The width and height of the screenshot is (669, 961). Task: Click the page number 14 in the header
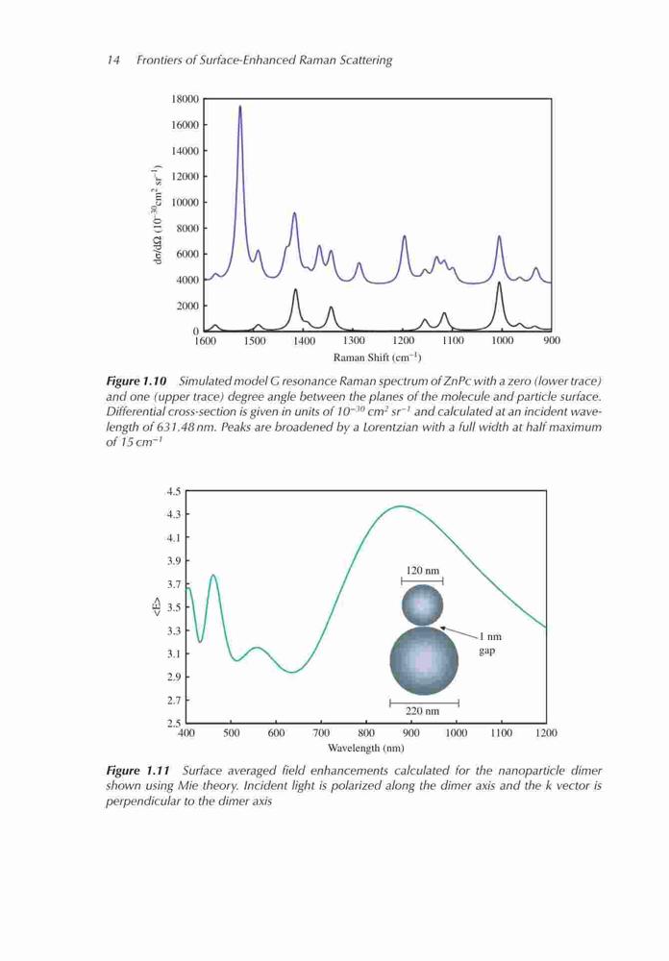click(112, 60)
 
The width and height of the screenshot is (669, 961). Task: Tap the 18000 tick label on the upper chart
click(186, 99)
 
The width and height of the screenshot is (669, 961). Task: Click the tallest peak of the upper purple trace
click(239, 107)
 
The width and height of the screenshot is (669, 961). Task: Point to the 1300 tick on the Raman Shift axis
click(353, 341)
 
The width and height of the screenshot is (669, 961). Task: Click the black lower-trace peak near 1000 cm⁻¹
click(499, 283)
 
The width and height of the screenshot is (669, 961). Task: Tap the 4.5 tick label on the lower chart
click(174, 491)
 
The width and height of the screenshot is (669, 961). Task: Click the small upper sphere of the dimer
click(422, 604)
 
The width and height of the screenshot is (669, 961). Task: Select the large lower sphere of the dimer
click(424, 660)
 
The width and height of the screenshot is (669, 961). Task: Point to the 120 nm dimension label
click(423, 570)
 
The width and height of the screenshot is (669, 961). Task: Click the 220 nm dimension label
click(423, 711)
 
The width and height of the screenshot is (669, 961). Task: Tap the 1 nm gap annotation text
click(488, 644)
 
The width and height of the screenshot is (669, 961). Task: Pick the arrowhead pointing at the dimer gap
click(444, 628)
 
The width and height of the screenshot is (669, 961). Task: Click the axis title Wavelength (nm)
click(365, 748)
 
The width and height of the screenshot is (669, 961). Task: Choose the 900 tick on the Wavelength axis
click(410, 732)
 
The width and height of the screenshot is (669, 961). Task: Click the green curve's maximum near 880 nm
click(401, 506)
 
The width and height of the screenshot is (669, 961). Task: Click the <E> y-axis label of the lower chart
click(157, 606)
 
